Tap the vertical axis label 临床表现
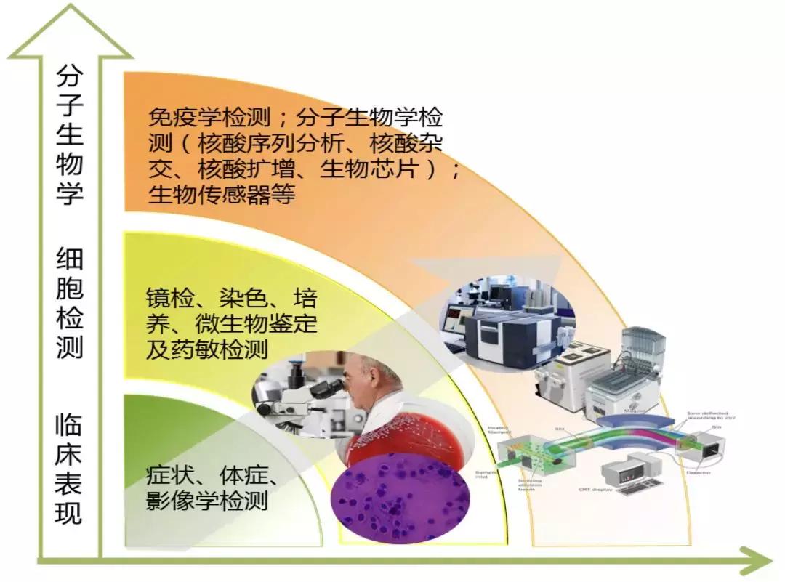point(70,469)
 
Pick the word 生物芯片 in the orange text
point(398,169)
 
